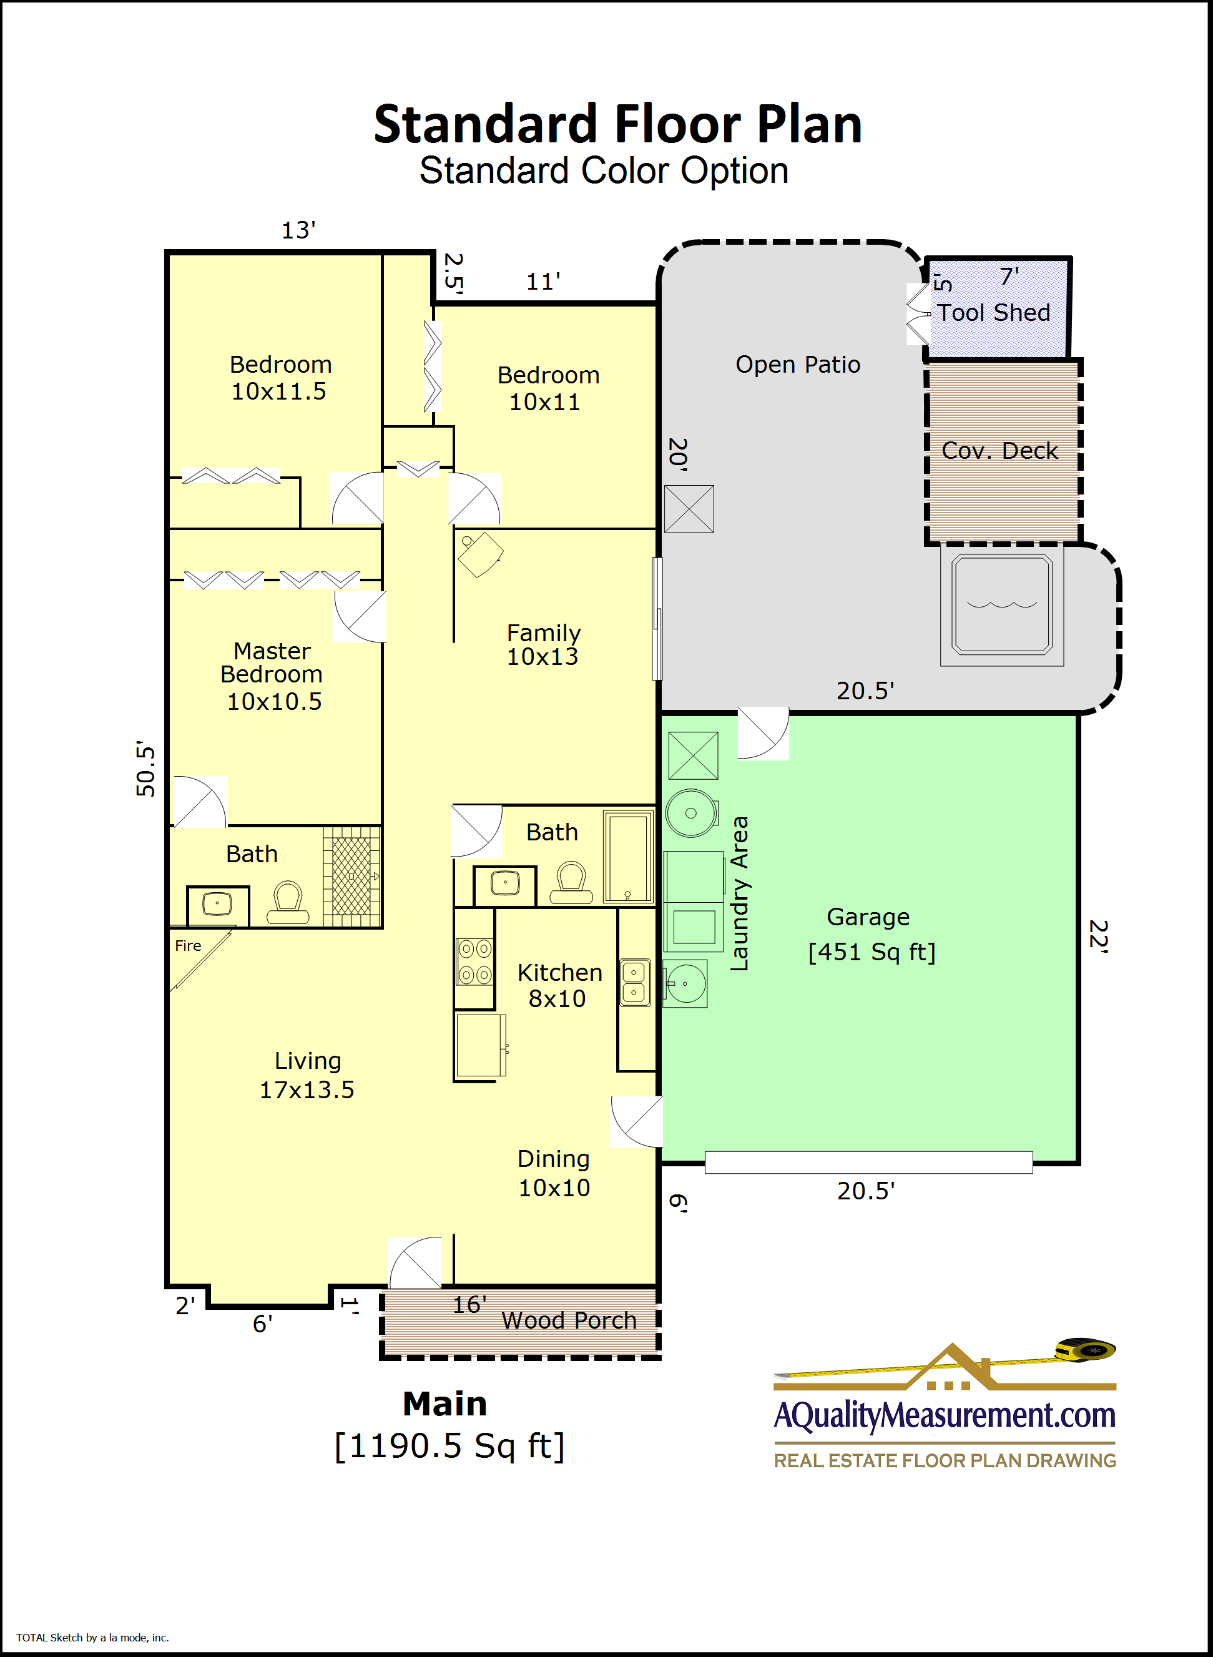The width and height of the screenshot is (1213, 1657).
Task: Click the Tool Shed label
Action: coord(993,313)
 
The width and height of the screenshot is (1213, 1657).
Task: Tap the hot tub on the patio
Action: coord(1001,604)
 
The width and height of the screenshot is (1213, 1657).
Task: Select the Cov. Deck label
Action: coord(1000,450)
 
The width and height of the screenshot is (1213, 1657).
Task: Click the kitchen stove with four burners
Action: coord(474,961)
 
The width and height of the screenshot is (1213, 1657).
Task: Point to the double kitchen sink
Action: coord(634,982)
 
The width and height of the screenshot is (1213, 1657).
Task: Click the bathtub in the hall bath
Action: coord(629,857)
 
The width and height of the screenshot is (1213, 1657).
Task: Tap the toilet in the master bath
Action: coord(288,902)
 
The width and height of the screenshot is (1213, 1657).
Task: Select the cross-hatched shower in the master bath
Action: coord(351,876)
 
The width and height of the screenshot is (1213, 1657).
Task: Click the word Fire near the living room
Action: coord(188,946)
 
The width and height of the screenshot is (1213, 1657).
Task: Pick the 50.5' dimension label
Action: coord(145,769)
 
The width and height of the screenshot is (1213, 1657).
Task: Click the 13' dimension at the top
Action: coord(299,230)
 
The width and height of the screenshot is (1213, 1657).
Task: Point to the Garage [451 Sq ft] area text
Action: coord(872,934)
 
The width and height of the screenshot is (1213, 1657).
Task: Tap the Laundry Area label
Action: coord(739,893)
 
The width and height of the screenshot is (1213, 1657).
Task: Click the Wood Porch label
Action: coord(569,1320)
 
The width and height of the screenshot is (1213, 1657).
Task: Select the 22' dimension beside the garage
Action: coord(1099,936)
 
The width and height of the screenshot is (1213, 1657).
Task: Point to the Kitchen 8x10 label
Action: coord(559,985)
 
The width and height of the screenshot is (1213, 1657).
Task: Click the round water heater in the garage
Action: coord(691,814)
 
